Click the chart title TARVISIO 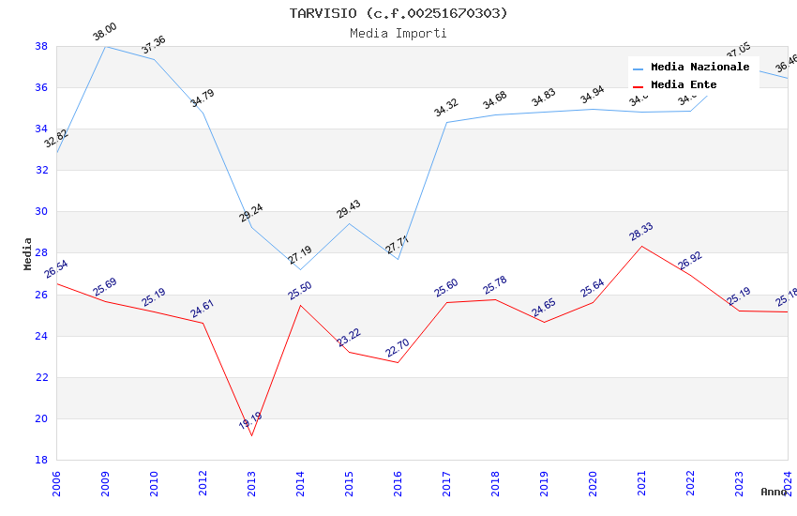pos(398,13)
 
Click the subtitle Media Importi pos(398,33)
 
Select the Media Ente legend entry pos(684,85)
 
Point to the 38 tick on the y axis pos(41,46)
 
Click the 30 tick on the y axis pos(41,211)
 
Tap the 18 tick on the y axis pos(41,460)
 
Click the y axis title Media pos(27,253)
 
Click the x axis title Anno pos(774,492)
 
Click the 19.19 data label pos(250,421)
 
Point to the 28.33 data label pos(641,233)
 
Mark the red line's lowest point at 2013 pos(251,435)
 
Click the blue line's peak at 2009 pos(105,46)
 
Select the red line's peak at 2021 pos(641,246)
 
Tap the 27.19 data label pos(299,254)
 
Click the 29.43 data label pos(348,209)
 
